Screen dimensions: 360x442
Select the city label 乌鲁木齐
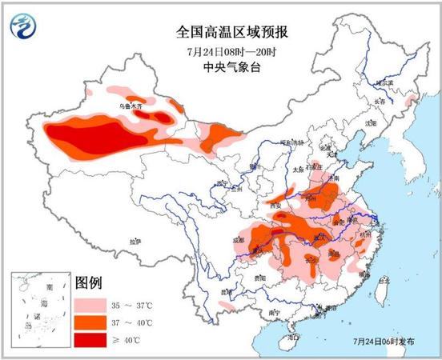point(131,105)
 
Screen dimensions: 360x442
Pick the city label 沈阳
point(369,124)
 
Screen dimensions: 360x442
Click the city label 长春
point(379,102)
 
